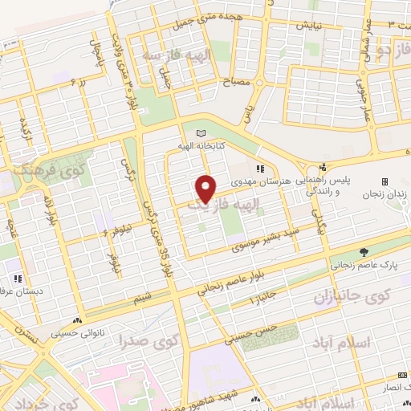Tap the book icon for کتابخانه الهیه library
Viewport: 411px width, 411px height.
[200, 132]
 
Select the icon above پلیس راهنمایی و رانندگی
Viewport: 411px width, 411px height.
[322, 167]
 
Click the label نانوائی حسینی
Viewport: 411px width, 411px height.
[75, 332]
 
